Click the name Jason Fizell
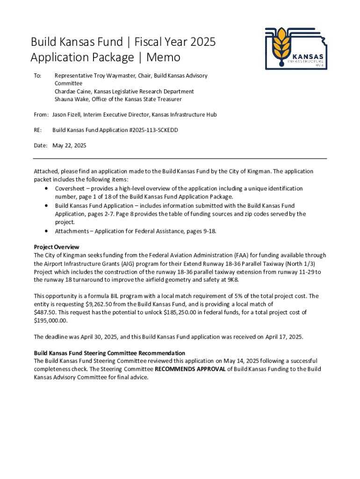67,115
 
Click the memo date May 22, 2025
69,145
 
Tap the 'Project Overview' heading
57,247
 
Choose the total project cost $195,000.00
50,321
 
